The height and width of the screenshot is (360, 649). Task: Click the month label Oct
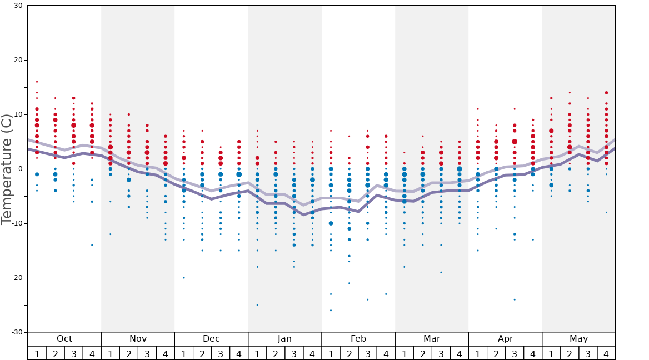[x=64, y=339]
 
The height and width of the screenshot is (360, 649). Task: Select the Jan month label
[x=284, y=339]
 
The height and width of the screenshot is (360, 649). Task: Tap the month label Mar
[x=432, y=339]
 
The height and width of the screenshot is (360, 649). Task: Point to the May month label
[x=578, y=339]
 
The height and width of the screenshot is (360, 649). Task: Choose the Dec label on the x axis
[x=211, y=339]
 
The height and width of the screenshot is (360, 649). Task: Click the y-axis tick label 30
[x=18, y=6]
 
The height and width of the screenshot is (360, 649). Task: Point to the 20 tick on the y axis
[x=18, y=60]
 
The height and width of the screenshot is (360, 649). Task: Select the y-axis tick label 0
[x=21, y=169]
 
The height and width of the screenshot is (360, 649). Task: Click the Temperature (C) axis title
[x=7, y=169]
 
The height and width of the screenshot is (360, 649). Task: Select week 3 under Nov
[x=147, y=353]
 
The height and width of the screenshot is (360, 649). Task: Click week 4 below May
[x=606, y=353]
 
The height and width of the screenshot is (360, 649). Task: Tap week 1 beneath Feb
[x=331, y=353]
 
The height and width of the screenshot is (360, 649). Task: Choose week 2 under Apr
[x=496, y=353]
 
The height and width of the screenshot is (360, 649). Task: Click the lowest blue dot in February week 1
[x=331, y=310]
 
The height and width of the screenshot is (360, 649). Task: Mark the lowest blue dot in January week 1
[x=257, y=304]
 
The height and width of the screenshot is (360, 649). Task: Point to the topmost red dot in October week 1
[x=37, y=82]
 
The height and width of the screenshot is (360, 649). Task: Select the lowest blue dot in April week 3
[x=515, y=299]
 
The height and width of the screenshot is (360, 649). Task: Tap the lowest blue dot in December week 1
[x=184, y=278]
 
